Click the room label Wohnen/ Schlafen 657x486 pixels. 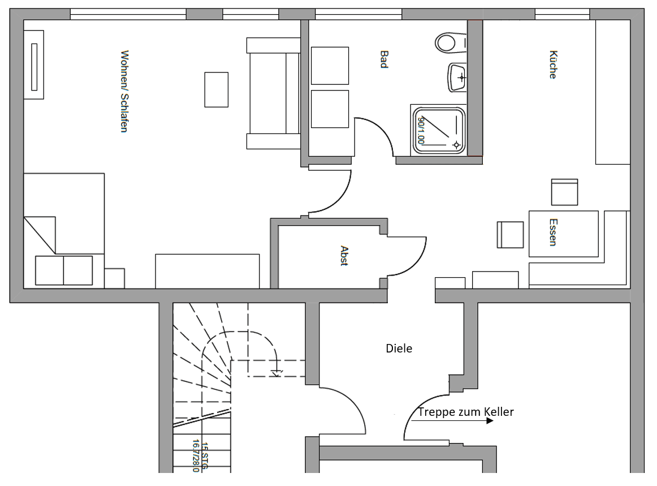point(124,91)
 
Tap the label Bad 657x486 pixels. point(384,59)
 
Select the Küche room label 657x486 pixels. point(553,64)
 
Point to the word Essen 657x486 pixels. point(553,232)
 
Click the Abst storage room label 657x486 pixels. point(344,255)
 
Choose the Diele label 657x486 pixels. point(399,349)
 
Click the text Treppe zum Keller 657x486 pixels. point(465,412)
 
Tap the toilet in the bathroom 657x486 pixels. point(450,42)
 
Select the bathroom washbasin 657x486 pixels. point(457,77)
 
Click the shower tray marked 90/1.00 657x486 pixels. point(440,130)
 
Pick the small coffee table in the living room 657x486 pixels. point(216,89)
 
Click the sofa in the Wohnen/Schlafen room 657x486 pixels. point(273,93)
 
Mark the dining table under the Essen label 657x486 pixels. point(563,234)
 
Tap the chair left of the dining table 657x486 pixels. point(511,234)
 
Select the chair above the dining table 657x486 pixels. point(564,192)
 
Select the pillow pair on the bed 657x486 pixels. point(64,270)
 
